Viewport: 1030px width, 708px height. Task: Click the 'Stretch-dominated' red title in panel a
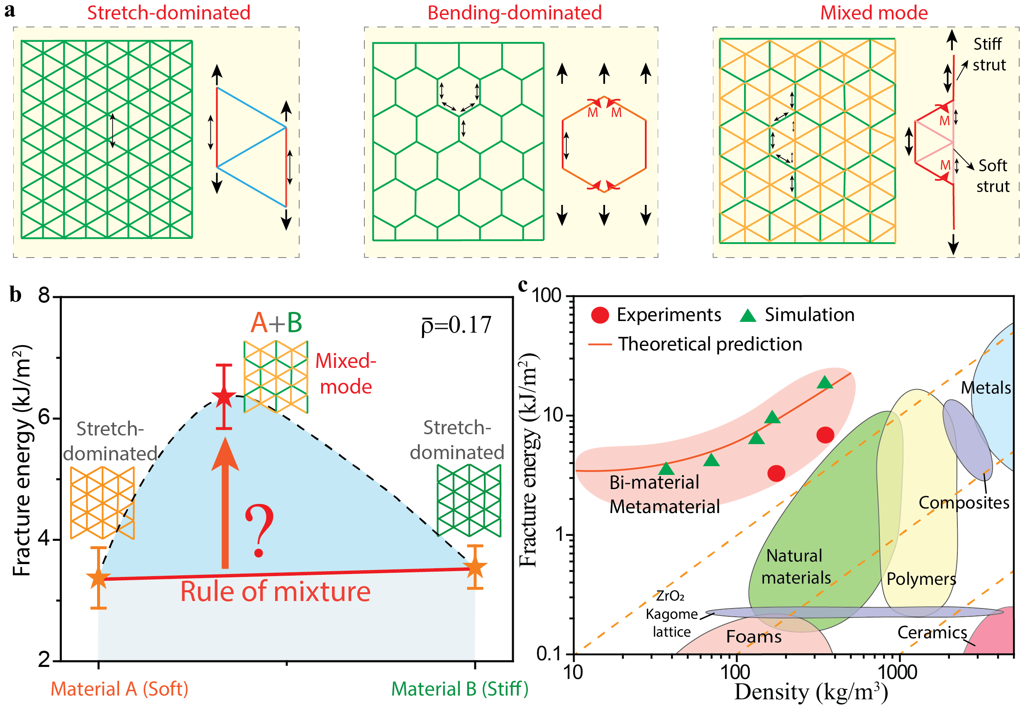(x=168, y=12)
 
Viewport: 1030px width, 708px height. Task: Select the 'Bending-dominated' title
(x=514, y=12)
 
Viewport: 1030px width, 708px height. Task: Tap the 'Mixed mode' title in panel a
(x=874, y=12)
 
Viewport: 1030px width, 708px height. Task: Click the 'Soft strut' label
(x=992, y=176)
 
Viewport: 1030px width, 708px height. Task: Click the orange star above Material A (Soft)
(x=98, y=578)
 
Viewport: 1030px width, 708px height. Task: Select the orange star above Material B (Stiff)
(x=475, y=567)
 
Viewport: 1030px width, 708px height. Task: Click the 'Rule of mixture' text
(x=275, y=592)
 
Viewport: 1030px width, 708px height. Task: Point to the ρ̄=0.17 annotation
(x=456, y=325)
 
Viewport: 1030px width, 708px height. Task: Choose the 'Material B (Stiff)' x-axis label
(x=460, y=689)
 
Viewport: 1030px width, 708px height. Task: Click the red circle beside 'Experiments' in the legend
(x=600, y=315)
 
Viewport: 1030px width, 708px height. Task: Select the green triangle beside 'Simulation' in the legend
(x=748, y=315)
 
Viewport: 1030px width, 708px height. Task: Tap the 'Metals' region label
(x=986, y=388)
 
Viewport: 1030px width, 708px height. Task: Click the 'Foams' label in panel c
(x=754, y=637)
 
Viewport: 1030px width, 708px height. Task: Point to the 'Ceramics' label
(x=932, y=633)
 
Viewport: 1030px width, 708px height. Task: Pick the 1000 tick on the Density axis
(x=898, y=672)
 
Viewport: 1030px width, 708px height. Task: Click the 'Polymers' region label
(x=921, y=579)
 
